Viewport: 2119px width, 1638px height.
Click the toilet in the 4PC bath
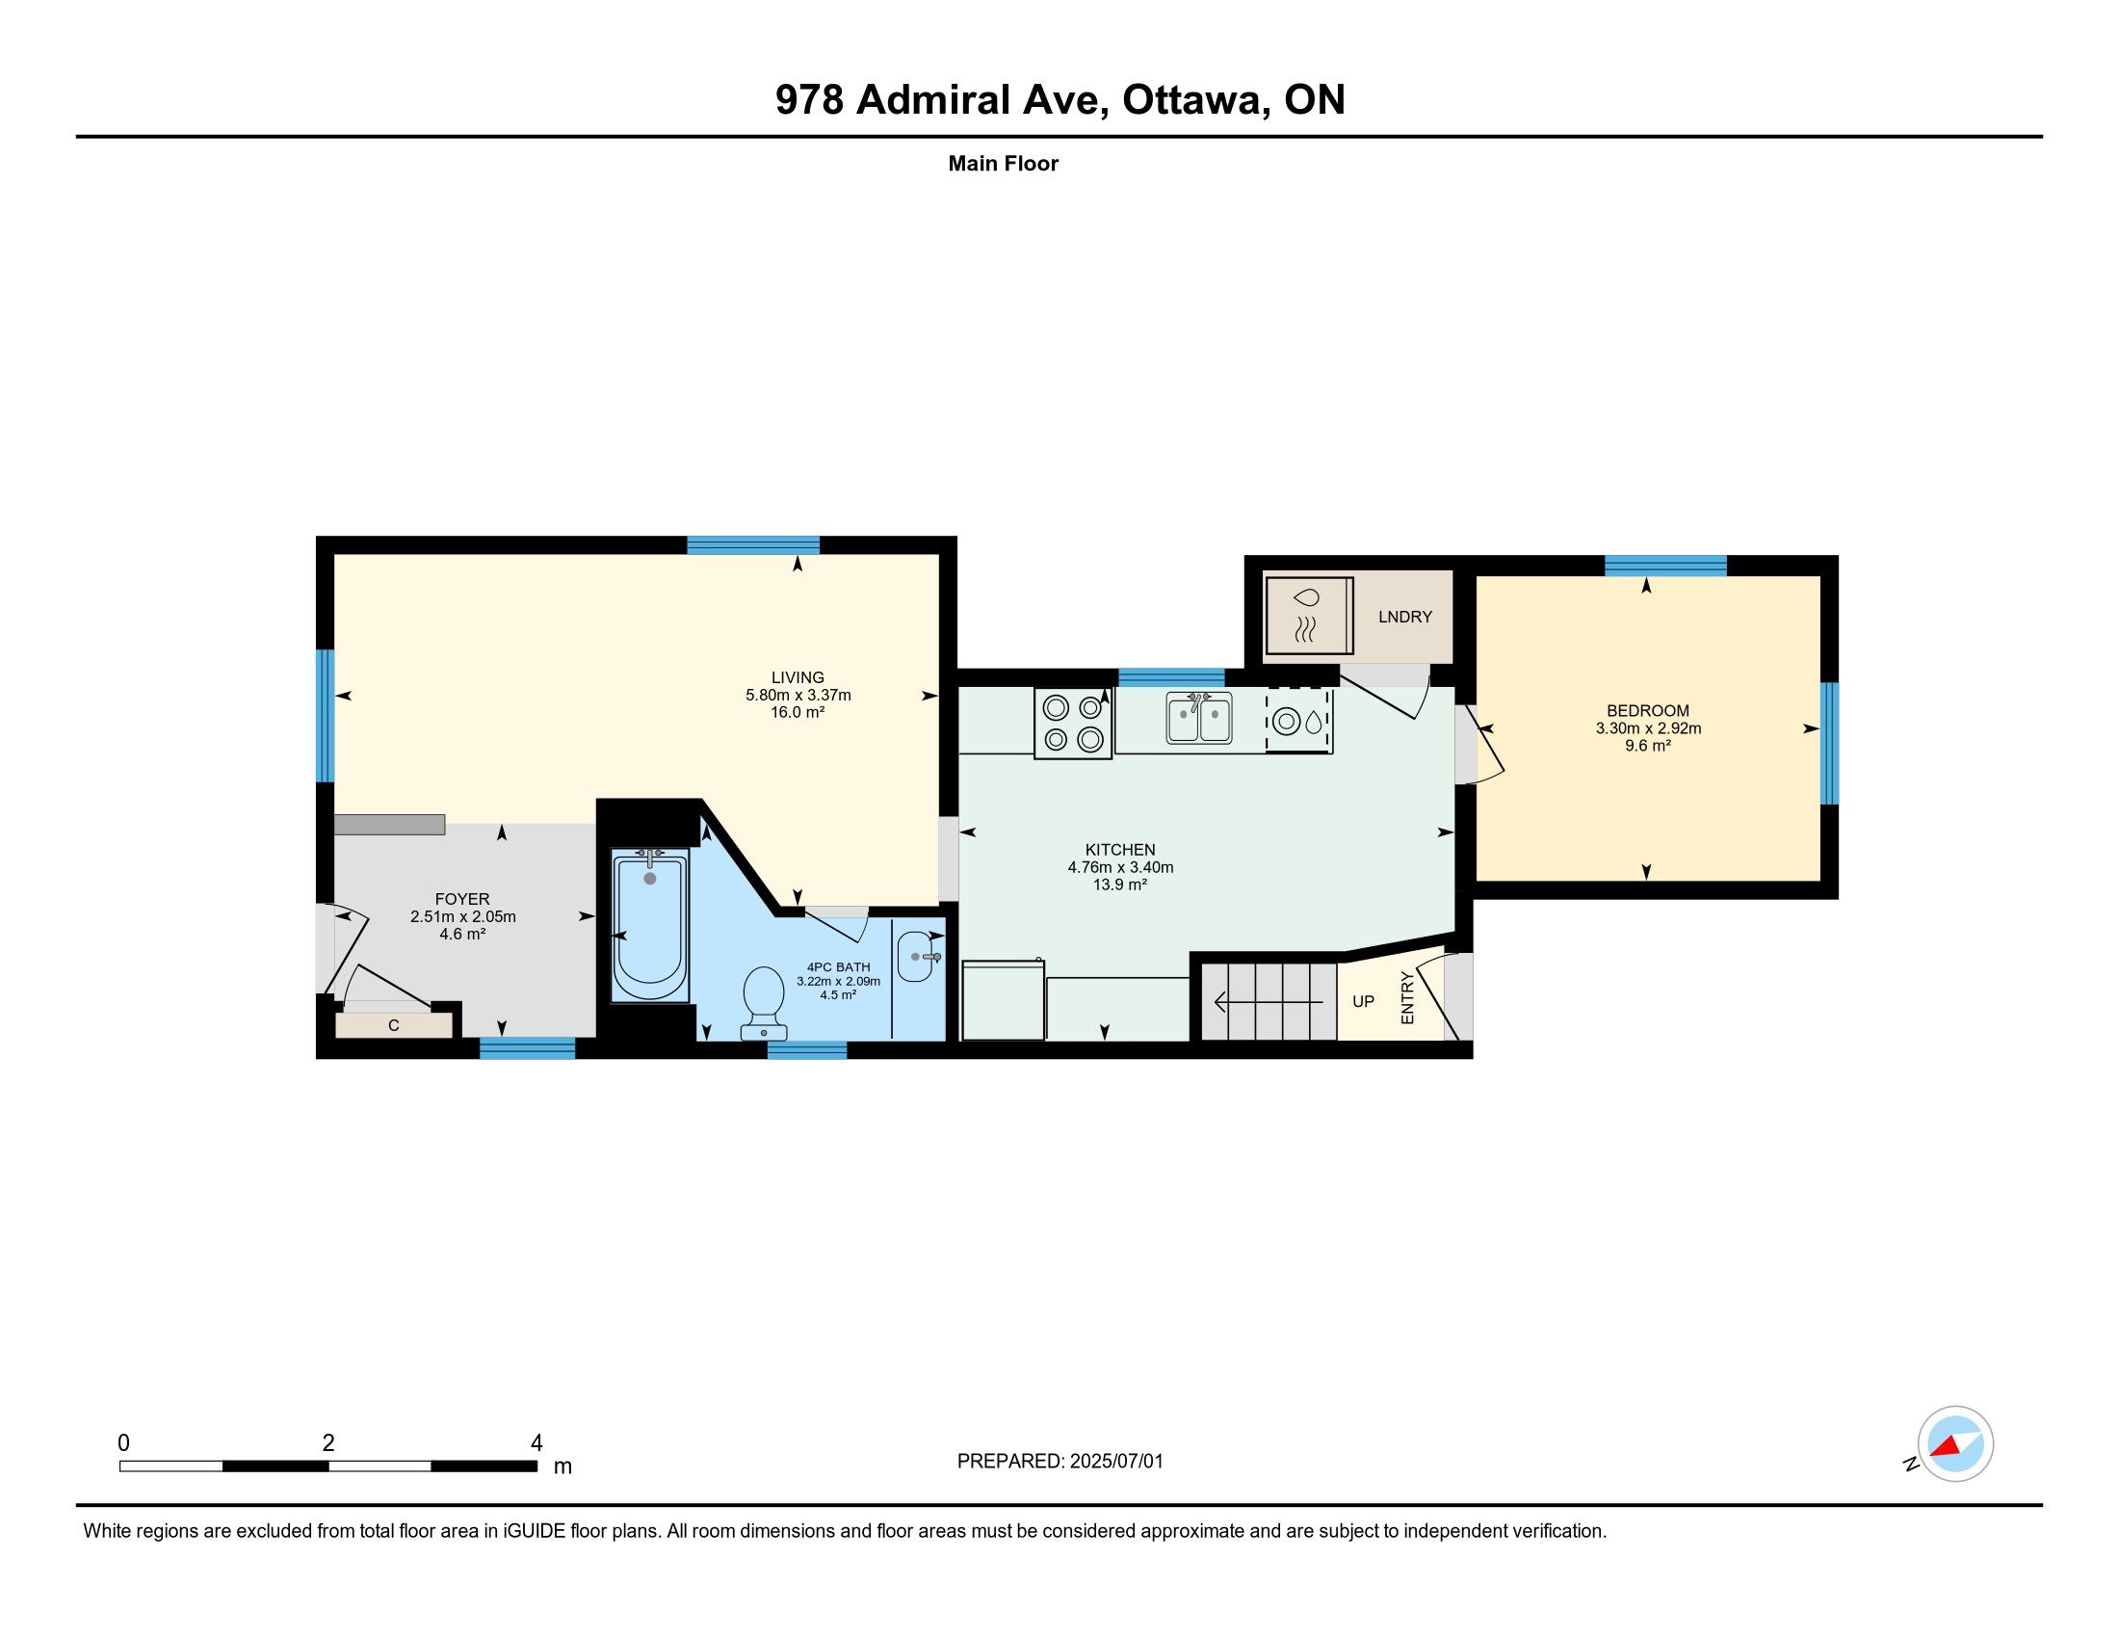tap(764, 1002)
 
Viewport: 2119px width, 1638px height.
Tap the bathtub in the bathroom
tap(649, 925)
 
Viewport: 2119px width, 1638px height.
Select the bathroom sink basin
tap(918, 957)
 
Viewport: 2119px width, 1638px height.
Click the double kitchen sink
tap(1199, 718)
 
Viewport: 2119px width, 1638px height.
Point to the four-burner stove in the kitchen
tap(1073, 723)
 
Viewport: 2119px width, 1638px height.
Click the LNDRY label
tap(1405, 617)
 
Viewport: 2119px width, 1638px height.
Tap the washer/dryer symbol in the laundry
tap(1309, 616)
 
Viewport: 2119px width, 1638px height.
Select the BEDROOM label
tap(1647, 710)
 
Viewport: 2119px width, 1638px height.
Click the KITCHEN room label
tap(1119, 849)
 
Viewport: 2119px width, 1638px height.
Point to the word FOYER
tap(461, 899)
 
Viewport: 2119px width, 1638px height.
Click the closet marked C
tap(394, 1025)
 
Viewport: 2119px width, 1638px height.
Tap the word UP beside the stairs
tap(1363, 1001)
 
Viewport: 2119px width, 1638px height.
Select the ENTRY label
tap(1408, 997)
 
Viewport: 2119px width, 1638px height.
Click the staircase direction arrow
tap(1269, 1001)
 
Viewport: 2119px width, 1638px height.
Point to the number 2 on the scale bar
tap(328, 1443)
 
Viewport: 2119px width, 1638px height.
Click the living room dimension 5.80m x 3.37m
tap(798, 695)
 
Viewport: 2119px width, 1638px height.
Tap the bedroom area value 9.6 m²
tap(1647, 746)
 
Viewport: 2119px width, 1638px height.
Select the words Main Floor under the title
tap(1004, 163)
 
